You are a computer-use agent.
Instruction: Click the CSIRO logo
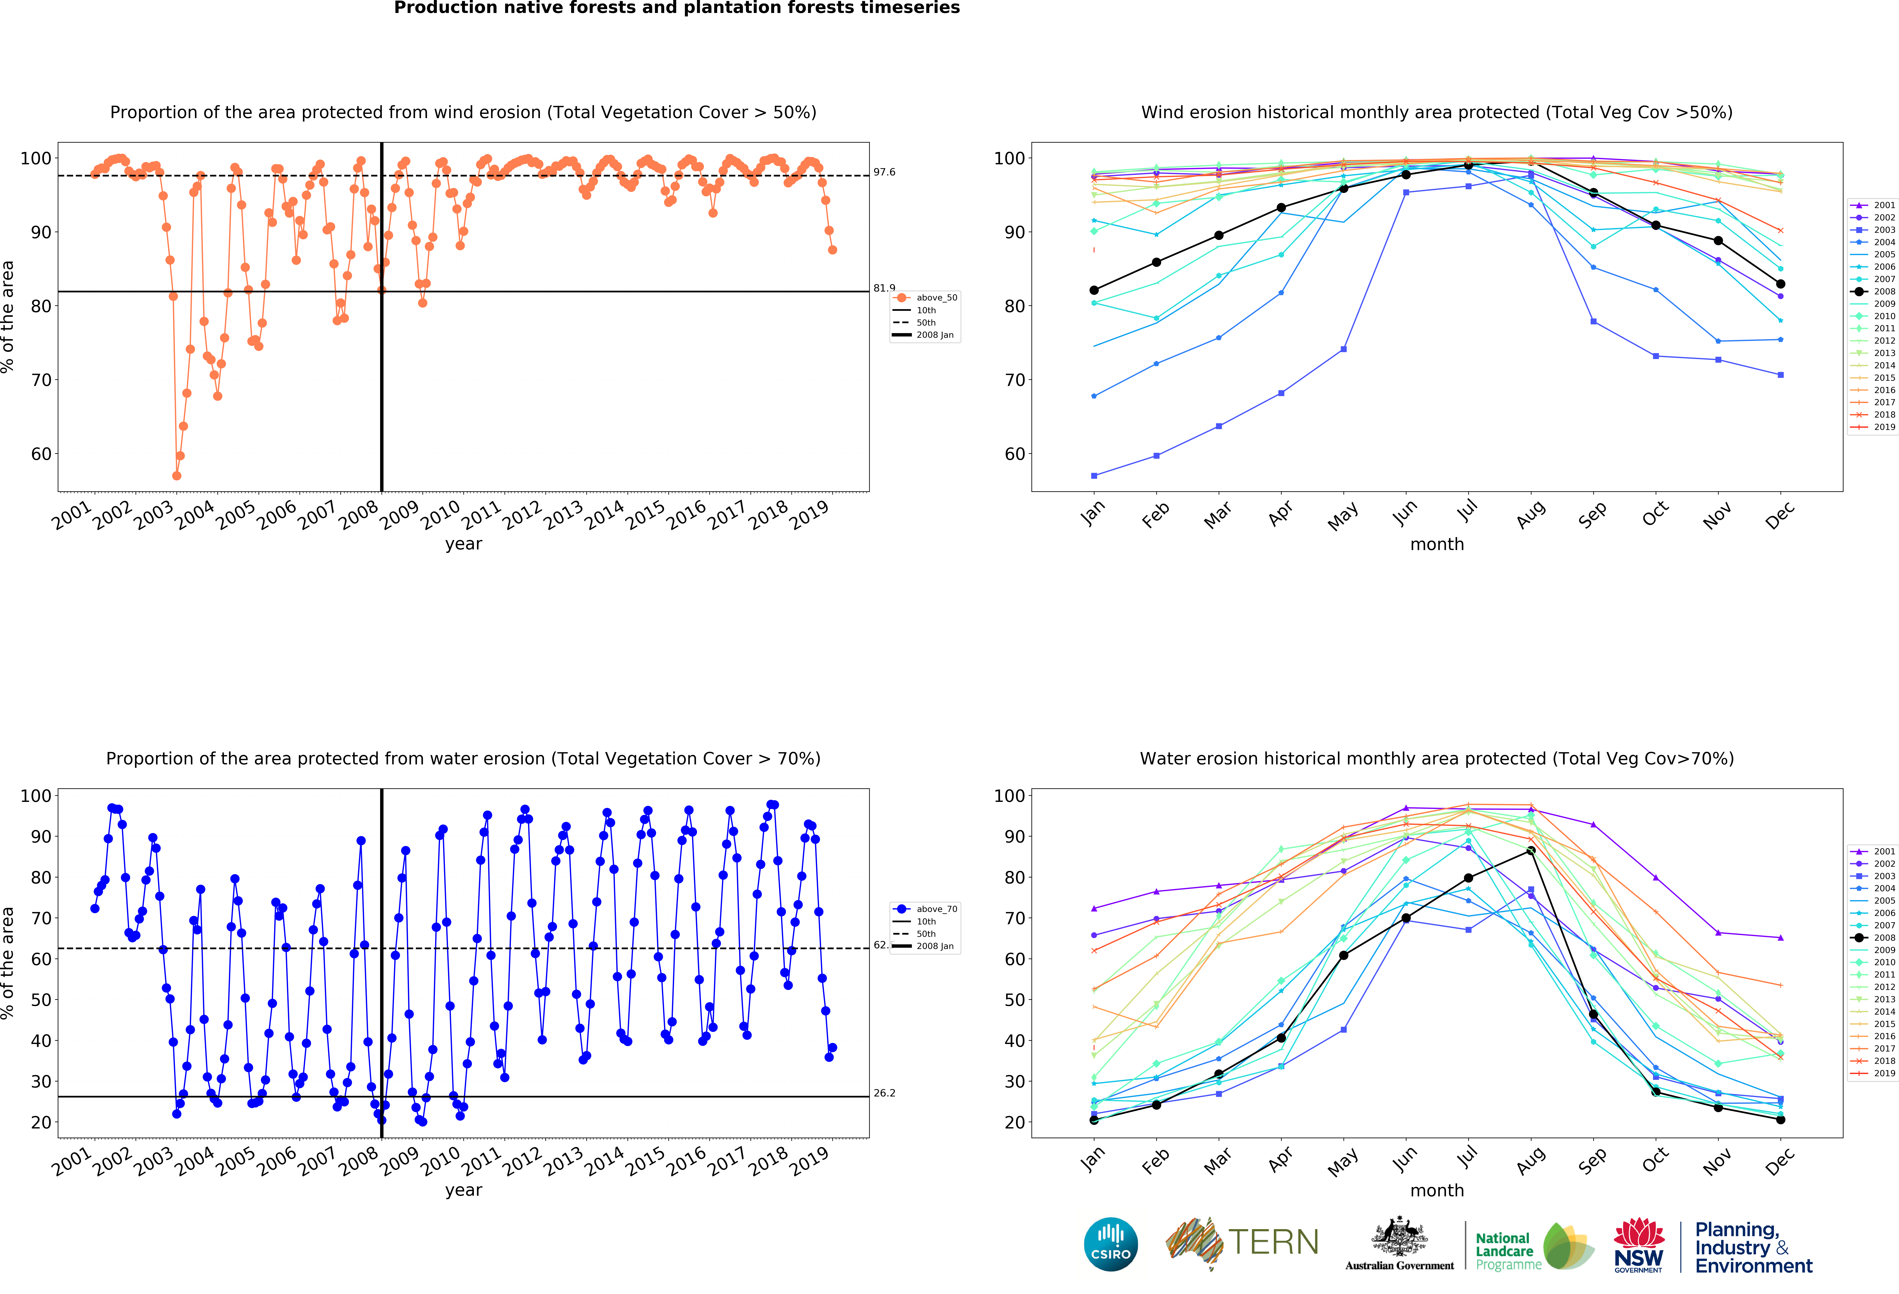coord(1110,1244)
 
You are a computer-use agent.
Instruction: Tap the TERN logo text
coord(1273,1243)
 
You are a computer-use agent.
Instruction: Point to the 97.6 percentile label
coord(884,172)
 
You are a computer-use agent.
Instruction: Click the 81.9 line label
coord(884,288)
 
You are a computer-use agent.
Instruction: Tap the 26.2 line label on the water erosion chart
coord(884,1093)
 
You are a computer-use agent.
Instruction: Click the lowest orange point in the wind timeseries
coord(176,475)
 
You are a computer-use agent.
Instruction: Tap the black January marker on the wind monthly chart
coord(1094,290)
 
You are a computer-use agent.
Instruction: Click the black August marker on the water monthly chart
coord(1530,851)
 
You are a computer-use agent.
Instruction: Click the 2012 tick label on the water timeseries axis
coord(522,1160)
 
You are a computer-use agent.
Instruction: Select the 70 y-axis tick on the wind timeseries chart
coord(41,380)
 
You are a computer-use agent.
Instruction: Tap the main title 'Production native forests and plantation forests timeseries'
coord(676,8)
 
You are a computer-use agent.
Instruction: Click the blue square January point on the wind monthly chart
coord(1094,475)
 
